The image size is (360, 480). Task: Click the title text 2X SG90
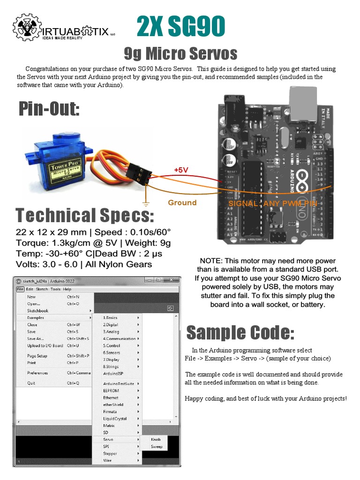tap(181, 27)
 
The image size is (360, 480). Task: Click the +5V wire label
tap(181, 170)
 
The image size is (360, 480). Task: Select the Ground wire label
tap(182, 202)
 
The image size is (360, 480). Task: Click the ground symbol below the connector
tap(146, 203)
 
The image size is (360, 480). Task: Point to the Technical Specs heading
tap(84, 215)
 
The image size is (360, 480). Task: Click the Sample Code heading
tap(240, 332)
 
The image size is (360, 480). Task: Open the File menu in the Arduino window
tap(20, 289)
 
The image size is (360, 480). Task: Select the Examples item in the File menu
tap(36, 317)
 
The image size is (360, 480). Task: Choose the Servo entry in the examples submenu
tap(108, 439)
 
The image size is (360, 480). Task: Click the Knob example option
tap(156, 439)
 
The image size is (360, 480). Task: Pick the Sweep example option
tap(157, 446)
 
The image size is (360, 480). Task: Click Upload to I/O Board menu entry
tap(45, 345)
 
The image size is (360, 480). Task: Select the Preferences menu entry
tap(37, 373)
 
